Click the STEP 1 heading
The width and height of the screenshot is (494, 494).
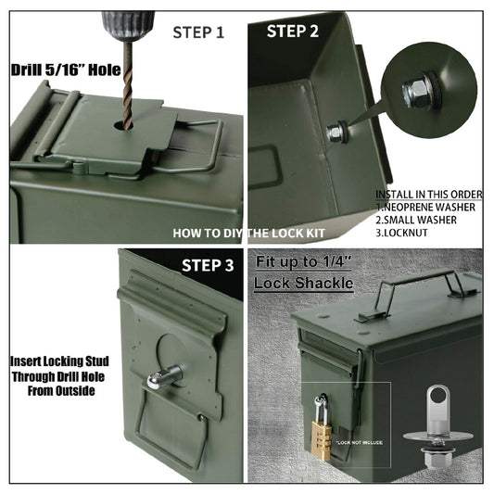coord(198,32)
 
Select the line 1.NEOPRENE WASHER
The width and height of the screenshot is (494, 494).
coord(427,207)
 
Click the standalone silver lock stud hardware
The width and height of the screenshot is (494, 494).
coord(433,437)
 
